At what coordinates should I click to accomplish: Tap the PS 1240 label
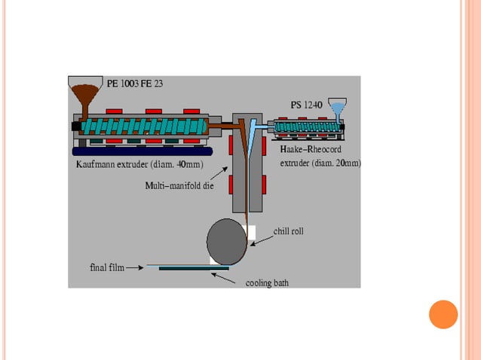coord(310,104)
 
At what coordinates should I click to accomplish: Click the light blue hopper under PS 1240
coord(338,110)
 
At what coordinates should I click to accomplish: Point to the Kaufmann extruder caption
coord(139,164)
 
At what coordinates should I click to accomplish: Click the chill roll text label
coord(288,232)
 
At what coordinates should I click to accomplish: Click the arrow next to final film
coord(135,267)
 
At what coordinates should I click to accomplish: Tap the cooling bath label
coord(267,283)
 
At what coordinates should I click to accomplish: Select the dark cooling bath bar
coord(192,267)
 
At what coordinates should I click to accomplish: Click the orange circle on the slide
coord(443,314)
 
